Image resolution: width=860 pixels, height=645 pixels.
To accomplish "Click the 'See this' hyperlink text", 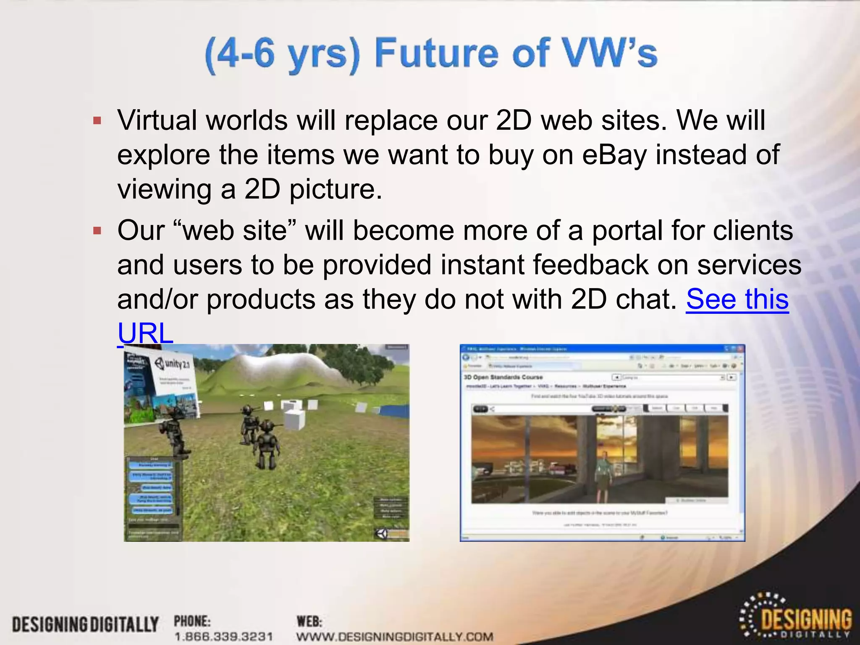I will tap(737, 299).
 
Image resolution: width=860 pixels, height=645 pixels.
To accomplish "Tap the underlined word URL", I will tap(145, 333).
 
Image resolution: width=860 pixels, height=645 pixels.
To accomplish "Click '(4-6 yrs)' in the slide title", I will tap(283, 54).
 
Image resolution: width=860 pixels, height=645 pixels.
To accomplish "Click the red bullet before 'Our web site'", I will tap(97, 231).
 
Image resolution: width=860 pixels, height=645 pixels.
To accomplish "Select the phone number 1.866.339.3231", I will tap(224, 637).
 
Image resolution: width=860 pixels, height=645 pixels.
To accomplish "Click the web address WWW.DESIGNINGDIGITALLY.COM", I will tap(395, 637).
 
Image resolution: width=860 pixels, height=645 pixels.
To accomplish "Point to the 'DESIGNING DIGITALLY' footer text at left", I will tap(85, 624).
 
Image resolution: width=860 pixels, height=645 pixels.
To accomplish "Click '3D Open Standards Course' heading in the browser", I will tap(503, 377).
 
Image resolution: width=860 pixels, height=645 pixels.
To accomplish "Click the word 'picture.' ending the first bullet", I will tap(336, 189).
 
